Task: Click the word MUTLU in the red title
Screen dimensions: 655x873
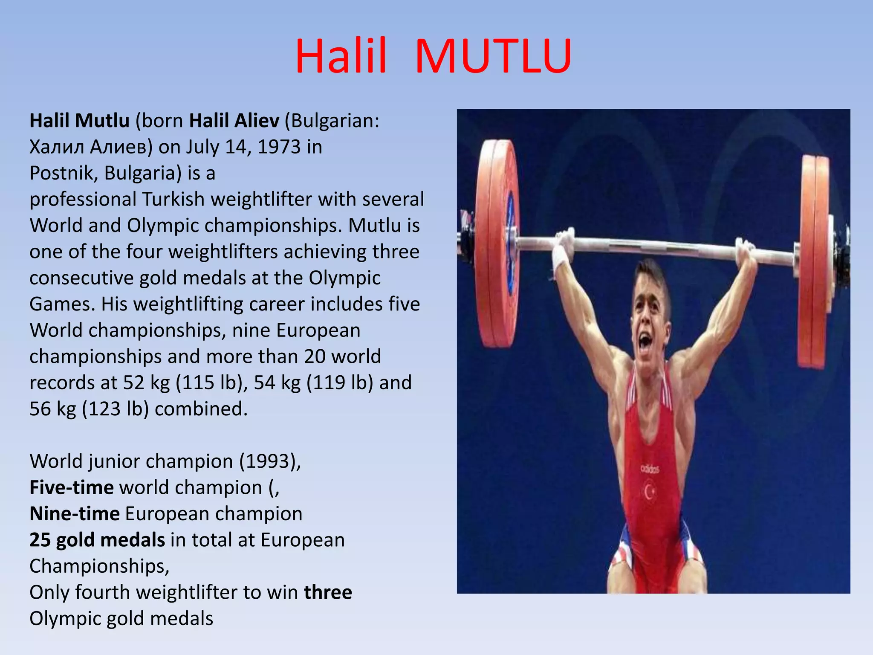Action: click(493, 57)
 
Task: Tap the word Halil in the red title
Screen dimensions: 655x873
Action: click(341, 57)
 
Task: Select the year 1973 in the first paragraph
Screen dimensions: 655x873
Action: click(279, 147)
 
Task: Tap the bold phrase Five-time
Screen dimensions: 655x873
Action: click(72, 487)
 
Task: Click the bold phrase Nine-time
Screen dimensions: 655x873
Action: click(75, 514)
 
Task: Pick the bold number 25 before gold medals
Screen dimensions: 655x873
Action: click(40, 540)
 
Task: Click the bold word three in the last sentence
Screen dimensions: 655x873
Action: click(328, 592)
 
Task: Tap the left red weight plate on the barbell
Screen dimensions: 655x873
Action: click(497, 243)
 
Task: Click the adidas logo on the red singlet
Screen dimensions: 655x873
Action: click(650, 469)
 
